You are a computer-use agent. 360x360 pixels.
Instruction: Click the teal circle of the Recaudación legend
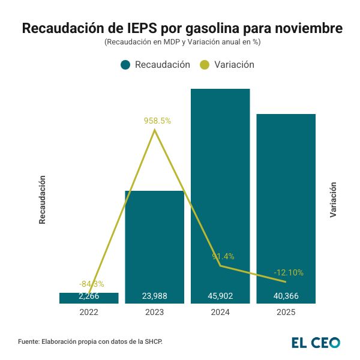pos(125,65)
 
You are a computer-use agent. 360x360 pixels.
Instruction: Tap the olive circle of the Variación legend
pos(205,65)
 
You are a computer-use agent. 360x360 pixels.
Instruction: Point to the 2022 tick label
pos(89,313)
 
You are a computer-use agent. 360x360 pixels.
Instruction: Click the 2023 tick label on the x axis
pos(154,313)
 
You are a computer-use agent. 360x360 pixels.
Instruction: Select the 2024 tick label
pos(220,313)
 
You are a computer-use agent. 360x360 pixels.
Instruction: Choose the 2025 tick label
pos(286,313)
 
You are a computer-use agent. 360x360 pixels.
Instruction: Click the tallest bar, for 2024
pos(220,180)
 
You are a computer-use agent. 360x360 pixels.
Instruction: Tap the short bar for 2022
pos(89,298)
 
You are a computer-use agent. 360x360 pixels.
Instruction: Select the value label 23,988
pos(154,296)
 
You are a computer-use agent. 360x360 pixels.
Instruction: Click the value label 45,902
pos(220,296)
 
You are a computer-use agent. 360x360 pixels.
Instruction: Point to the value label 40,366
pos(286,296)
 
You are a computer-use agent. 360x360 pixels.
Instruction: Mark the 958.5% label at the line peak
pos(157,121)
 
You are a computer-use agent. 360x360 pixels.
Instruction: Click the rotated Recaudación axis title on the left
pos(42,200)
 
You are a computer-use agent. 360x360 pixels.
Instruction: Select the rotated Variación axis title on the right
pos(334,200)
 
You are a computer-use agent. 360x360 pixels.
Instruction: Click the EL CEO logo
pos(316,342)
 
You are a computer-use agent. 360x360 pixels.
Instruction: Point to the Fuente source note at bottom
pos(91,341)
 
